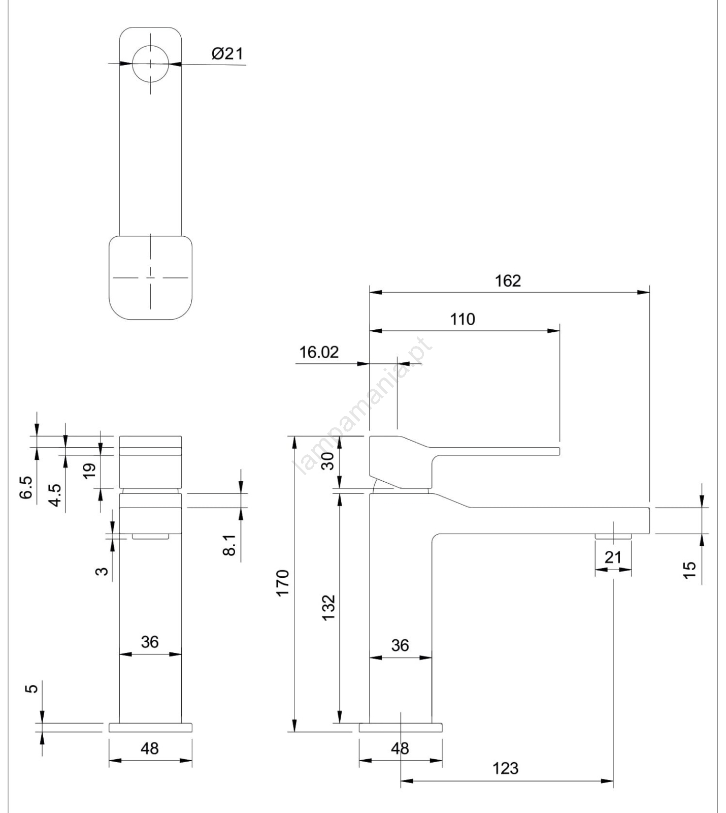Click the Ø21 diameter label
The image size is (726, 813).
click(227, 54)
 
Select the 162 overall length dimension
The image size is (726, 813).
click(508, 281)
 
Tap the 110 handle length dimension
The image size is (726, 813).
click(463, 320)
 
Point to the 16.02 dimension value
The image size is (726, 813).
click(319, 352)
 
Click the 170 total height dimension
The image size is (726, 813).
click(282, 583)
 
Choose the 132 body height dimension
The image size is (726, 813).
click(328, 607)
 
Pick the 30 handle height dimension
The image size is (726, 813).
click(328, 461)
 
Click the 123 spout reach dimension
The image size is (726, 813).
click(506, 768)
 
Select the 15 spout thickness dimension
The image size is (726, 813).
click(689, 570)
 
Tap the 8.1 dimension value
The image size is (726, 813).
click(229, 545)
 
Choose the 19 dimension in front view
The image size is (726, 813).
click(89, 471)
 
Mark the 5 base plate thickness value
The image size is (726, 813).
click(31, 689)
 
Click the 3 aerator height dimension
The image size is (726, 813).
click(102, 571)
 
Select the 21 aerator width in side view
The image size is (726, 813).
click(613, 557)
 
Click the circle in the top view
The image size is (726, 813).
click(150, 64)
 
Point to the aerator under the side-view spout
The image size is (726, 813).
click(613, 536)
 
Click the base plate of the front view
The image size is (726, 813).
click(150, 728)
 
